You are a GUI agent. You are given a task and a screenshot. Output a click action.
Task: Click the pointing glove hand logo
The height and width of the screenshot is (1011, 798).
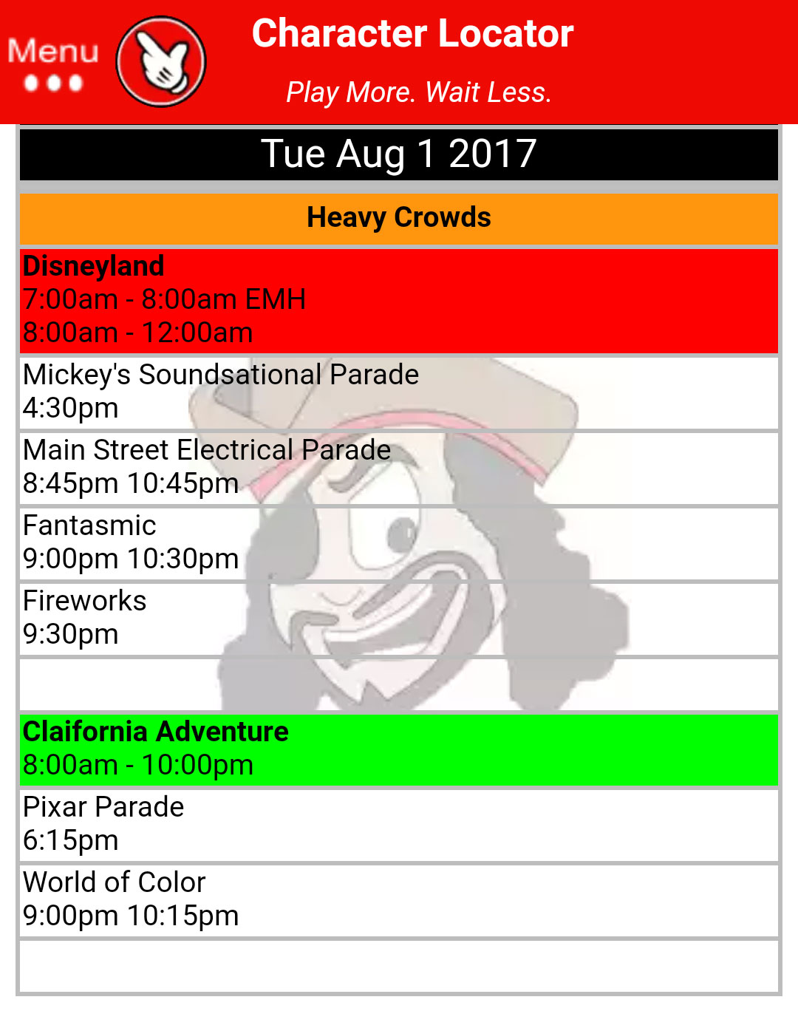pos(161,61)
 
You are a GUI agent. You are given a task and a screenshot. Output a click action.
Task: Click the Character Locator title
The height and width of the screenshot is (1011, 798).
pos(412,34)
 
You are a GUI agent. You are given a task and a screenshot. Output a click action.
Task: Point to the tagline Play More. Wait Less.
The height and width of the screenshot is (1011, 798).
pos(418,92)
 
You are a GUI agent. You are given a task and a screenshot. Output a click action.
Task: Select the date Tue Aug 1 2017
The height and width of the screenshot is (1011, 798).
pos(399,154)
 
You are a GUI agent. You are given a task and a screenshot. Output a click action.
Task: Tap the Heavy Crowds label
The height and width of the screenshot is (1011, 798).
pos(399,218)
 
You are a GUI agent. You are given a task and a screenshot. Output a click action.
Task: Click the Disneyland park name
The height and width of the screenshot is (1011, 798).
pos(94,266)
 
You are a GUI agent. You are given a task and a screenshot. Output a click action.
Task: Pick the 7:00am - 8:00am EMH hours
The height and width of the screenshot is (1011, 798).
pos(164,299)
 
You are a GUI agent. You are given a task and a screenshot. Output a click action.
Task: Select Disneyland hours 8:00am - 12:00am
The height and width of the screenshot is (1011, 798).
pos(138,333)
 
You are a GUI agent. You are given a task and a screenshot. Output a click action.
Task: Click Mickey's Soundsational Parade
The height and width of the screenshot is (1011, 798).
pos(221,375)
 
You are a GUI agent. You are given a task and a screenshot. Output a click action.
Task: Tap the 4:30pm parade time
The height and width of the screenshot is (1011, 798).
pos(71,408)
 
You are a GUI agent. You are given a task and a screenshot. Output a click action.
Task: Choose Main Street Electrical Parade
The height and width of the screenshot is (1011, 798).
pos(207,450)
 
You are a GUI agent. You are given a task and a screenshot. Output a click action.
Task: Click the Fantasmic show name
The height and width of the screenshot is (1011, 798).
pos(89,525)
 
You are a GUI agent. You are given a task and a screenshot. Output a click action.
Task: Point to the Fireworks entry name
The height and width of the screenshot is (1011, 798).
pos(85,601)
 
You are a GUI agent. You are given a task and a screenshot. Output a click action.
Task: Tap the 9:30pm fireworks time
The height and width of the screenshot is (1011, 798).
pos(71,634)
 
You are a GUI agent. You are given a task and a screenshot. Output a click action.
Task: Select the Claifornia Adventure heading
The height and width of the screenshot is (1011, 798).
pos(156,732)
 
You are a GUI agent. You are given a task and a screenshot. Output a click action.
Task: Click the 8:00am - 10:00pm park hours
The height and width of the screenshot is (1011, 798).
pos(138,765)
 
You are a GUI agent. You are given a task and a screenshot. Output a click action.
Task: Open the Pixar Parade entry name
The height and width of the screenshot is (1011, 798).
pos(103,807)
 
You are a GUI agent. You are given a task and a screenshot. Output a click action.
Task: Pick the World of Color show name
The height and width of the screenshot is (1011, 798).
pos(115,882)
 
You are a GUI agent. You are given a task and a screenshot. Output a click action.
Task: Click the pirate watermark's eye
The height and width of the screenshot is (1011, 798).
pos(403,530)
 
